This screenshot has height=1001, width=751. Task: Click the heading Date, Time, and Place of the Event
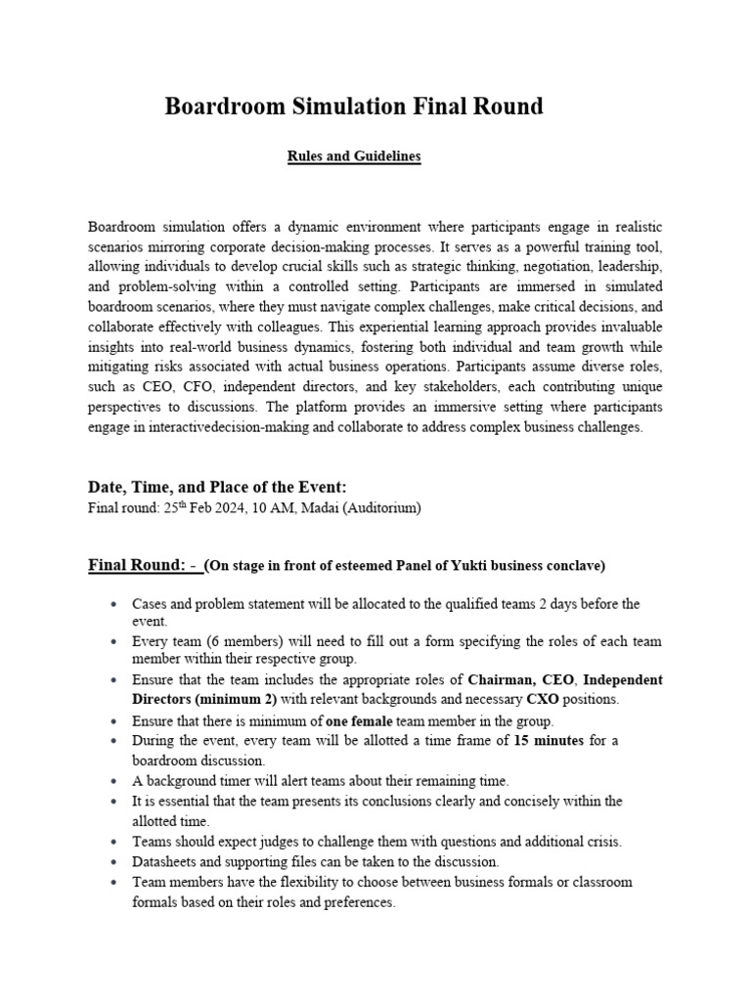tap(217, 487)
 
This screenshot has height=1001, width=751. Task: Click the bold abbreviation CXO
tap(545, 699)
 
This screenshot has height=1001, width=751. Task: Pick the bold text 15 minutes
tap(549, 740)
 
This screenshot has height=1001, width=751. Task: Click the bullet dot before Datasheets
tap(116, 861)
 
